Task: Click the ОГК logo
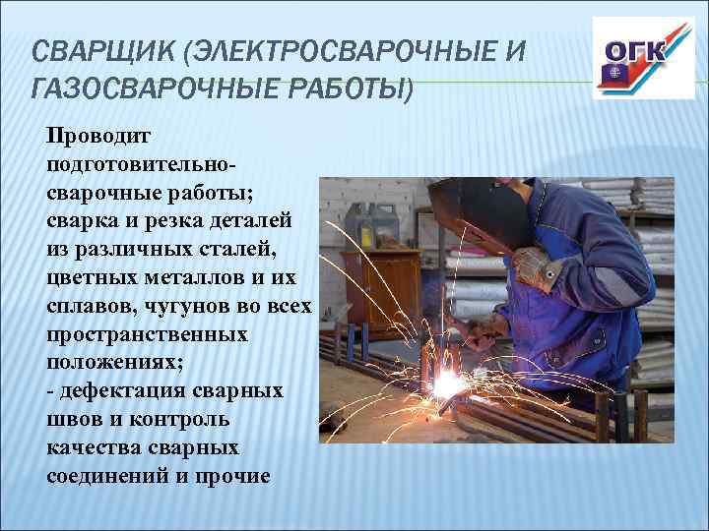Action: [630, 58]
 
